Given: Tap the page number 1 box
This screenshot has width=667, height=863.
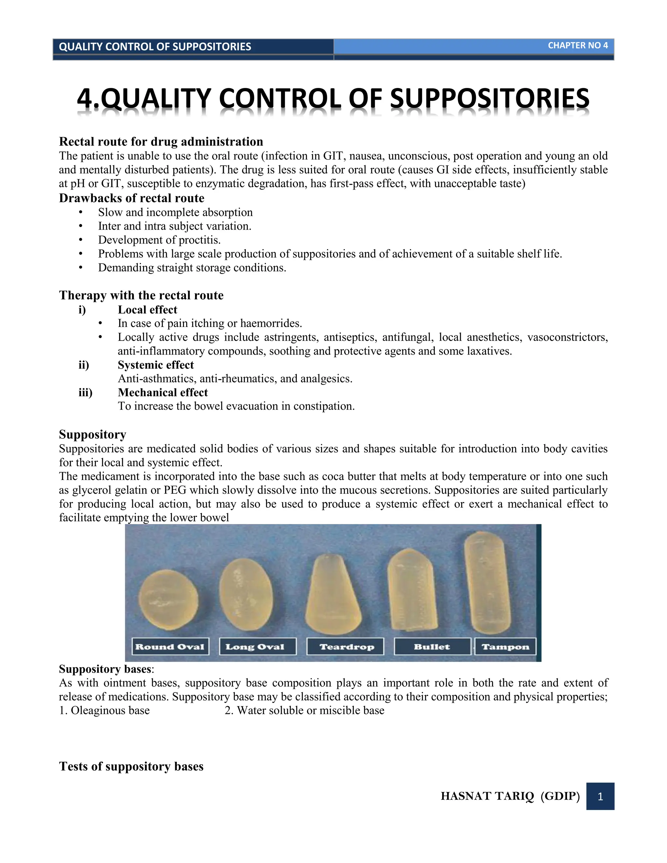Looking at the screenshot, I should click(x=600, y=796).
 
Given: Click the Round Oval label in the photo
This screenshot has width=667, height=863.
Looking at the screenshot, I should click(x=170, y=646).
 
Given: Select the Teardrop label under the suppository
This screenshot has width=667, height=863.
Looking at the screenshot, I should click(x=345, y=646).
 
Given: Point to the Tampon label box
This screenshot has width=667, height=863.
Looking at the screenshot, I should click(x=505, y=646).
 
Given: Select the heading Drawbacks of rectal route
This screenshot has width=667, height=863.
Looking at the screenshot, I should click(x=132, y=198).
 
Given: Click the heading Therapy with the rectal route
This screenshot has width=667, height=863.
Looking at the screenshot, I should click(x=141, y=295).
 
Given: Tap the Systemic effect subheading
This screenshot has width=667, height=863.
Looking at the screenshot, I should click(x=156, y=365).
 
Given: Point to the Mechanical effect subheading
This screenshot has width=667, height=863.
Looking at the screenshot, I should click(x=163, y=392).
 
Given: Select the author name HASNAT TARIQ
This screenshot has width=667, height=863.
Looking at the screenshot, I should click(x=487, y=796).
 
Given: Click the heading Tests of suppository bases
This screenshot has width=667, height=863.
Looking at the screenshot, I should click(x=131, y=766).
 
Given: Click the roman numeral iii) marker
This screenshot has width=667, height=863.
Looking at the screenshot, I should click(x=85, y=392).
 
